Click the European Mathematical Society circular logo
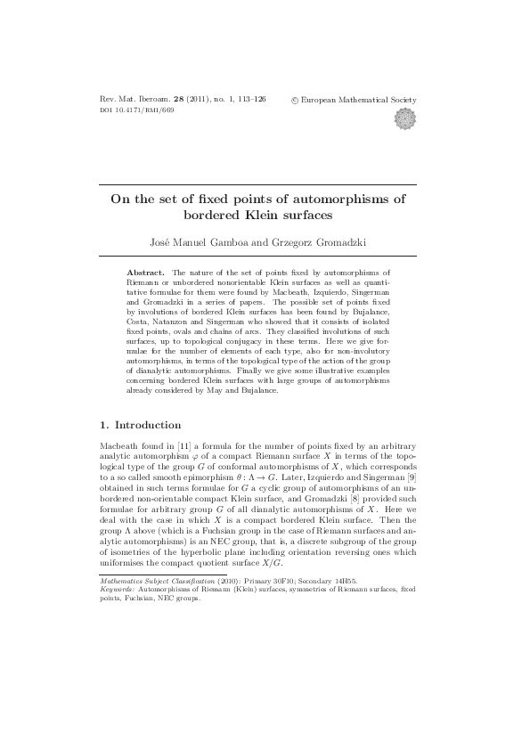coord(417,118)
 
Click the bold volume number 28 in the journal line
coord(178,101)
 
